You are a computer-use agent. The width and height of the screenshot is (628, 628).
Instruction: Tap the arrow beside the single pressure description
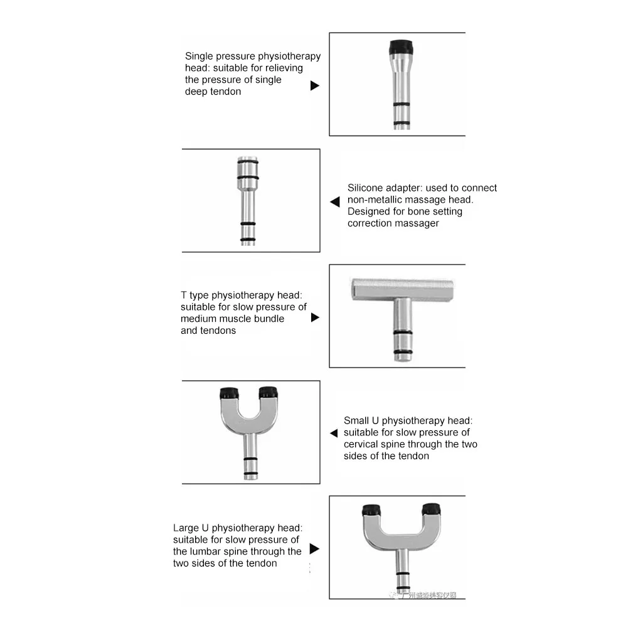tap(315, 85)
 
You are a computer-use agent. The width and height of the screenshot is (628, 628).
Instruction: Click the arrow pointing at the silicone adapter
tap(335, 202)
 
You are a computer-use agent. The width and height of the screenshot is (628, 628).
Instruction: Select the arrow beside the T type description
tap(315, 317)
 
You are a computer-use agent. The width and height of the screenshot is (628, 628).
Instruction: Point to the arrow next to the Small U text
tap(334, 434)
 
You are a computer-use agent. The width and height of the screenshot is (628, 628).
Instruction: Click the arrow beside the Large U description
tap(315, 549)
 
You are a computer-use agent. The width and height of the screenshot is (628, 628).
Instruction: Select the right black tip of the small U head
tap(268, 393)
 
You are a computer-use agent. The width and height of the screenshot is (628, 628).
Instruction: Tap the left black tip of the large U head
tap(371, 509)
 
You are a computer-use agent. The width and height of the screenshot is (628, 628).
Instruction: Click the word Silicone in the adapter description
tap(366, 188)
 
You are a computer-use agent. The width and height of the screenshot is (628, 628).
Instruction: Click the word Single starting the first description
tap(198, 56)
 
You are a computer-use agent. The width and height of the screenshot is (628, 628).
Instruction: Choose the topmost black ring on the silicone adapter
tap(248, 162)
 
